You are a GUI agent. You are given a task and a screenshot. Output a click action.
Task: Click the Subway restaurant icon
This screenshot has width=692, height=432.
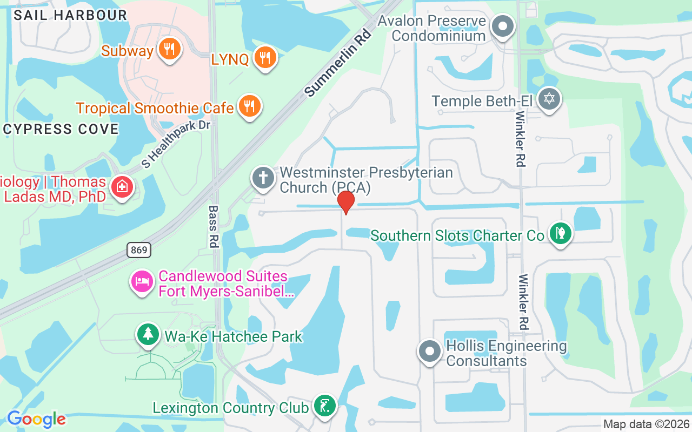170,50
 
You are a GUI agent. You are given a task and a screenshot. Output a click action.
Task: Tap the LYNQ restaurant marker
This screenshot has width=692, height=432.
264,57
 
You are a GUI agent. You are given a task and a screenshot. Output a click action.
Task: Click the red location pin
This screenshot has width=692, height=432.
345,202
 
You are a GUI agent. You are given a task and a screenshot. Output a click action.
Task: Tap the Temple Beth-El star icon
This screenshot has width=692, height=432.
549,99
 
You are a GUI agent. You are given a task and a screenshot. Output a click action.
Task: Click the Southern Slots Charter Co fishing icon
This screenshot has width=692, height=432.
561,234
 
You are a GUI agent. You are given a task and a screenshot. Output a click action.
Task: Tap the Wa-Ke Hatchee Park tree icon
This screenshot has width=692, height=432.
148,334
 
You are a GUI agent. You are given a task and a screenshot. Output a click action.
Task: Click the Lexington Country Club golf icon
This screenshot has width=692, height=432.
324,406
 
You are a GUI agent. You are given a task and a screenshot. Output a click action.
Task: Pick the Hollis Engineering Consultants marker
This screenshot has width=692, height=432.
430,351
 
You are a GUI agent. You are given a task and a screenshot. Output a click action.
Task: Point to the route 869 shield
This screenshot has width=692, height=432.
139,249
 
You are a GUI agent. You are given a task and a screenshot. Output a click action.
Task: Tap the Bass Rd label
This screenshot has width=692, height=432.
213,226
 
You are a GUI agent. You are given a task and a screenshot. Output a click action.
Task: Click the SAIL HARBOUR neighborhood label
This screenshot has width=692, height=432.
70,15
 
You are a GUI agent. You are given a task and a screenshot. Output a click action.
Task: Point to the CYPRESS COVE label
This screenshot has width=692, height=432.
61,130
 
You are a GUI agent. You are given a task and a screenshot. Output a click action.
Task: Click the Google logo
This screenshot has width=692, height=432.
36,419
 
